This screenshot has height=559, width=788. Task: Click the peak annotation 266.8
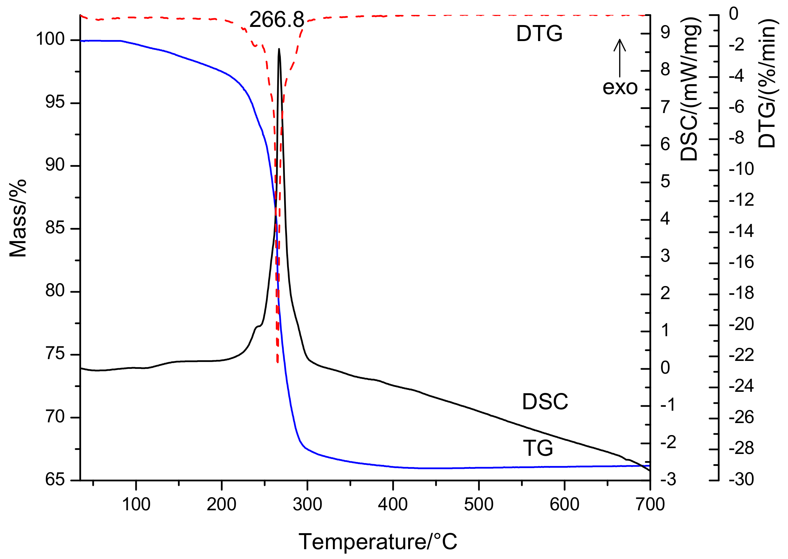pos(276,20)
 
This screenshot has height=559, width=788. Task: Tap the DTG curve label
pos(539,33)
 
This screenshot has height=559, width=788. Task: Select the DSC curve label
pos(545,402)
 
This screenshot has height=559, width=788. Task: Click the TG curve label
pos(538,448)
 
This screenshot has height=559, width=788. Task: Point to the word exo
pos(620,87)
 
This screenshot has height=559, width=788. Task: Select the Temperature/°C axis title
pos(378,542)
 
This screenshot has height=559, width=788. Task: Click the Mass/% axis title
pos(18,218)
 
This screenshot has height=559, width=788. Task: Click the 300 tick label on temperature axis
pos(307,504)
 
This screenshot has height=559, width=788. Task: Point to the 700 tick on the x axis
pos(650,504)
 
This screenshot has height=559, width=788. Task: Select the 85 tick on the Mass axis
pos(55,228)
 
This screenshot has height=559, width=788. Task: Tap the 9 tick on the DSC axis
pos(665,33)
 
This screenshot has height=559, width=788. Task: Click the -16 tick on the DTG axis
pos(741,262)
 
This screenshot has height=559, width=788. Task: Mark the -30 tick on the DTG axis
pos(741,479)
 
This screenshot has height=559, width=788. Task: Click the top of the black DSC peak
pos(279,49)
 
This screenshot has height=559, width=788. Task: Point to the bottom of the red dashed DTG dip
pos(278,362)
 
